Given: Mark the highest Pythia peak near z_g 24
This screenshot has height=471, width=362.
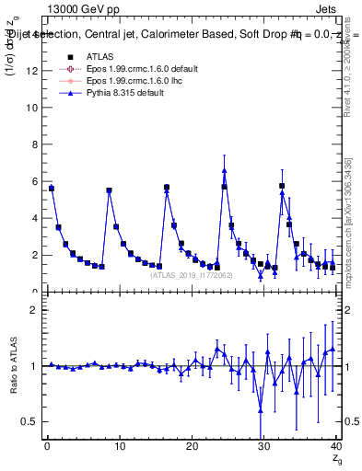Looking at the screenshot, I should click(224, 169).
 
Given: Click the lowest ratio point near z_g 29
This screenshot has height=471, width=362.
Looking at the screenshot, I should click(261, 410).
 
